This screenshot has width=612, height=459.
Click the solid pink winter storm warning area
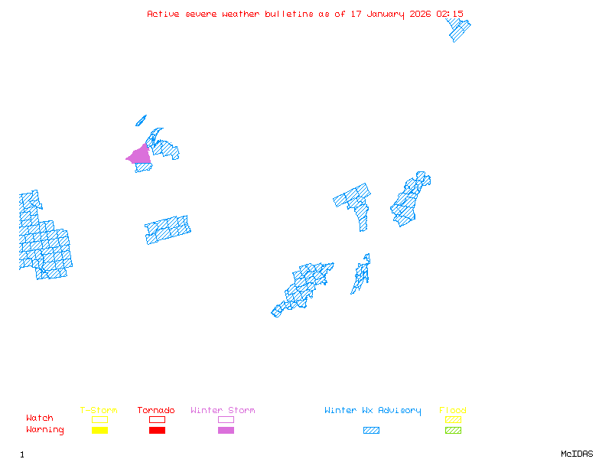tap(140, 155)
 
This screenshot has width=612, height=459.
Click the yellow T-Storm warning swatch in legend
tap(99, 431)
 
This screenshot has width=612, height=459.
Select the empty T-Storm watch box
tap(99, 419)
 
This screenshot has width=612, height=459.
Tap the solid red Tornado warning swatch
tap(157, 431)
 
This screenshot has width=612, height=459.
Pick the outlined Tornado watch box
tap(157, 419)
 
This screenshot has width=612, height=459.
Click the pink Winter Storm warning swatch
tap(226, 431)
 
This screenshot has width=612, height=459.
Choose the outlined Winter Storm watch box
tap(226, 419)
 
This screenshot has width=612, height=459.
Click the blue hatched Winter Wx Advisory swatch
tap(371, 431)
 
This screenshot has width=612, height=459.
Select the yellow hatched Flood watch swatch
tap(453, 419)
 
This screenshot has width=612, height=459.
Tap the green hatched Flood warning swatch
tap(453, 431)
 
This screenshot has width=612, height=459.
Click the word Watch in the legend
tap(40, 418)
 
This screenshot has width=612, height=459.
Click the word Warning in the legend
tap(45, 430)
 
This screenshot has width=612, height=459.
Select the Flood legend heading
tap(453, 411)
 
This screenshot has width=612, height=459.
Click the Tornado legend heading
tap(156, 411)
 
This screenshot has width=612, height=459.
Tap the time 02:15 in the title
tap(449, 14)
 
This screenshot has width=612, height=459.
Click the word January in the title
tap(386, 14)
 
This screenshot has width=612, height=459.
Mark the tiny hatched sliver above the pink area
tap(141, 120)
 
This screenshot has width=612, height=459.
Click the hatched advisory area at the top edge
tap(458, 29)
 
